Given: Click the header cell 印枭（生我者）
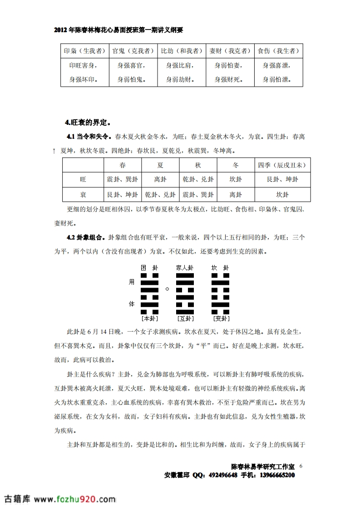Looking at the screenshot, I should pyautogui.click(x=84, y=51).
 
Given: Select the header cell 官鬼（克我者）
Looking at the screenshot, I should pyautogui.click(x=133, y=51).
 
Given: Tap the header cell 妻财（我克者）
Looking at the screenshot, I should pyautogui.click(x=230, y=51).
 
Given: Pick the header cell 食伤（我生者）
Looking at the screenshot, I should pyautogui.click(x=278, y=51).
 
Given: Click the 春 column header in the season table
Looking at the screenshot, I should pyautogui.click(x=123, y=165).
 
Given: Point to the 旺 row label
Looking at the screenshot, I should pyautogui.click(x=83, y=180).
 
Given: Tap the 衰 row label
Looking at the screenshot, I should pyautogui.click(x=83, y=195).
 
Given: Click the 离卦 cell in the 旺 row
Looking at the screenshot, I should pyautogui.click(x=160, y=180).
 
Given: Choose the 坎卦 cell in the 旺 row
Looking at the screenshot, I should pyautogui.click(x=236, y=180).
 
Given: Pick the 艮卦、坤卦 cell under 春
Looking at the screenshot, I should pyautogui.click(x=123, y=195).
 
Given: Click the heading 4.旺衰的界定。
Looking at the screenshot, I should pyautogui.click(x=88, y=122).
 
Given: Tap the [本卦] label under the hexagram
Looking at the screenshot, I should pyautogui.click(x=150, y=318).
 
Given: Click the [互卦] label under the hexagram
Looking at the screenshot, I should pyautogui.click(x=185, y=318).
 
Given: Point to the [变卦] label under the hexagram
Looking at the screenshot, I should pyautogui.click(x=221, y=318).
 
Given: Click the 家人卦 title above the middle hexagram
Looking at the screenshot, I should pyautogui.click(x=185, y=268).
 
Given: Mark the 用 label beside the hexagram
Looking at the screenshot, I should pyautogui.click(x=132, y=282).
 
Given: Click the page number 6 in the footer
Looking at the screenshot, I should pyautogui.click(x=301, y=466).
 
